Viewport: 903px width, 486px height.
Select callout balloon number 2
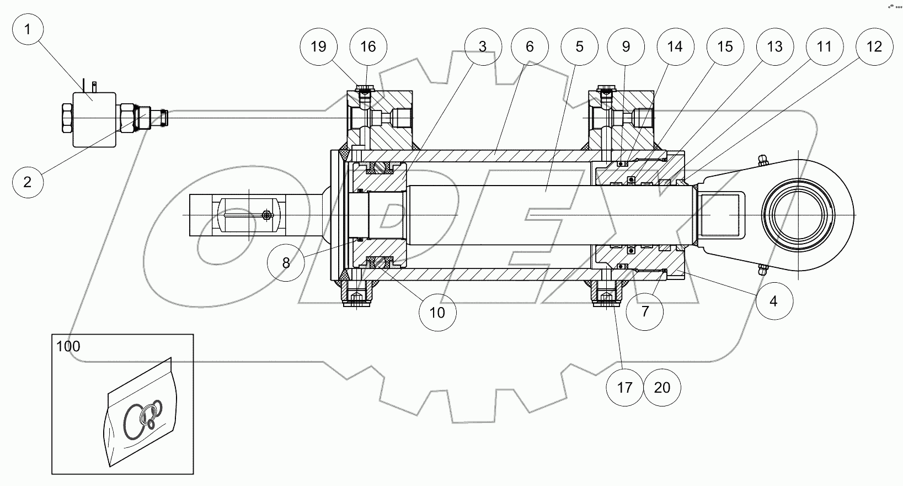coord(27,181)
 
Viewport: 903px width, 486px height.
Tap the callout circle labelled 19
coord(319,46)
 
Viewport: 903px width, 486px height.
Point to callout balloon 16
coord(368,46)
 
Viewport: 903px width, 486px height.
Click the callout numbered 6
coord(530,46)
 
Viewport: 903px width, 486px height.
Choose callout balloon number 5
coord(579,46)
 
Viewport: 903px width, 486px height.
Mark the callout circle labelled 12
coord(874,46)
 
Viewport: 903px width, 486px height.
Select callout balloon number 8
coord(285,263)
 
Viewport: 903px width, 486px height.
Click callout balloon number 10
coord(437,312)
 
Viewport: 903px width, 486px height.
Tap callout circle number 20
coord(662,388)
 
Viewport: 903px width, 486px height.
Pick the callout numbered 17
coord(624,388)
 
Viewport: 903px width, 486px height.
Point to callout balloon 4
coord(773,301)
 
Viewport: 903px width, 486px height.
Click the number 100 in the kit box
coord(68,347)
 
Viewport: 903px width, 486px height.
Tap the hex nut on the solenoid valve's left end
coord(66,118)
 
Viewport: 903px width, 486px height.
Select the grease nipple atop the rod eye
coord(762,160)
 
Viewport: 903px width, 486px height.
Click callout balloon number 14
coord(675,46)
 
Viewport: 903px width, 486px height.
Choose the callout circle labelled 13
coord(774,46)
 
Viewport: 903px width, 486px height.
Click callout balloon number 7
coord(645,311)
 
